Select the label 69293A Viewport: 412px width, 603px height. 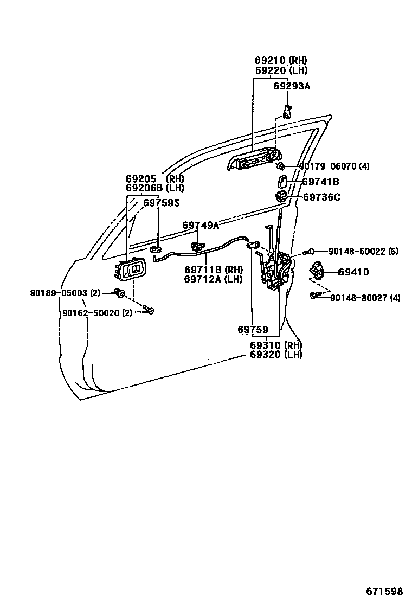pyautogui.click(x=292, y=86)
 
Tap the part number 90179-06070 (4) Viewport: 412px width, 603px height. pyautogui.click(x=334, y=166)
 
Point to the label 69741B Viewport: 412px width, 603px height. pyautogui.click(x=320, y=182)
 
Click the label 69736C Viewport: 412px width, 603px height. pyautogui.click(x=321, y=197)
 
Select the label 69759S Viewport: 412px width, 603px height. pyautogui.click(x=161, y=203)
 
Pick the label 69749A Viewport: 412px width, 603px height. pyautogui.click(x=201, y=225)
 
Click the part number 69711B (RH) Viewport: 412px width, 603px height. pyautogui.click(x=214, y=270)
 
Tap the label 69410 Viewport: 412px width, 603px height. pyautogui.click(x=353, y=272)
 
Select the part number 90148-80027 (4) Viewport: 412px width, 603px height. pyautogui.click(x=365, y=298)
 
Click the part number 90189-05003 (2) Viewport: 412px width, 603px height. pyautogui.click(x=65, y=293)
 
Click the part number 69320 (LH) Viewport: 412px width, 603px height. pyautogui.click(x=276, y=355)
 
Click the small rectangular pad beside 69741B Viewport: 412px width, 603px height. pyautogui.click(x=284, y=182)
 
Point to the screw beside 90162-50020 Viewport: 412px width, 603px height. pyautogui.click(x=149, y=311)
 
